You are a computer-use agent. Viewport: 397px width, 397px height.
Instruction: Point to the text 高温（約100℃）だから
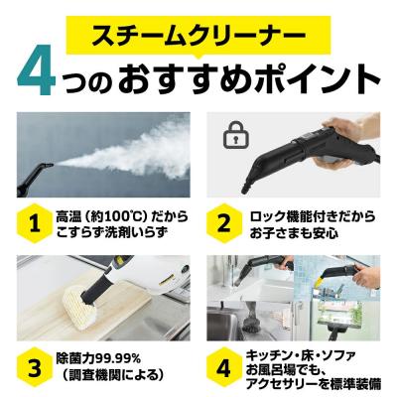point(121,213)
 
